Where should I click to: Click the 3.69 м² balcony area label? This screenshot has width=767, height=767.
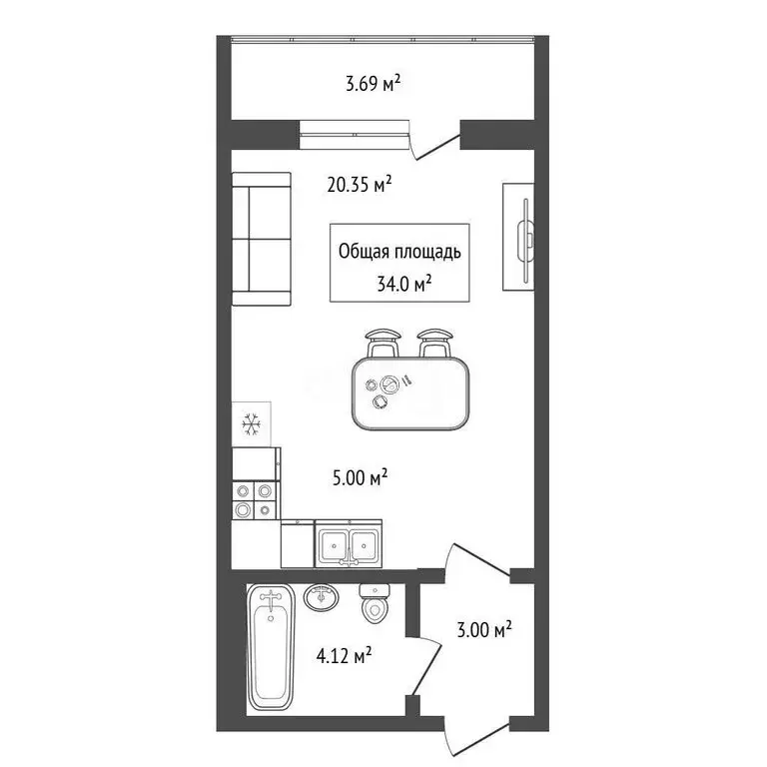click(374, 83)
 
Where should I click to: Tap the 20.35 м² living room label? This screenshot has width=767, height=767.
click(360, 185)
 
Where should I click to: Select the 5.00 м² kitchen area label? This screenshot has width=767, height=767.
click(360, 477)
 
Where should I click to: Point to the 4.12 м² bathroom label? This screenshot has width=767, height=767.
click(344, 655)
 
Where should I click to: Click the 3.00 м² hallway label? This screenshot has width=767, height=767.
click(484, 629)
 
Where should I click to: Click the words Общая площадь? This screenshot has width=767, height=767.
click(399, 252)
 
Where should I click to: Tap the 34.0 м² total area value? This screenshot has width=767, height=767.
click(404, 284)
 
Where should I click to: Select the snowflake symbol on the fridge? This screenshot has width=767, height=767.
click(251, 424)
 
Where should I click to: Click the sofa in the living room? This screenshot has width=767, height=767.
click(262, 239)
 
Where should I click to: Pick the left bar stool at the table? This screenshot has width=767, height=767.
click(383, 343)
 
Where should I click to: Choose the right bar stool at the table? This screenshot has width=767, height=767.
click(434, 343)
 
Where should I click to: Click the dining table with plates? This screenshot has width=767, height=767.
click(410, 393)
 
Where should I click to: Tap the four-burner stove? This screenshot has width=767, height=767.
click(254, 500)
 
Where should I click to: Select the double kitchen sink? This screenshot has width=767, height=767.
click(349, 543)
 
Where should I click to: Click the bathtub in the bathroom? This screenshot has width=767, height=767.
click(271, 647)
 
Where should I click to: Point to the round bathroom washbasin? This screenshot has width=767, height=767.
click(322, 597)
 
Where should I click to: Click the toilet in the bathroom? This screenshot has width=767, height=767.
click(375, 604)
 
